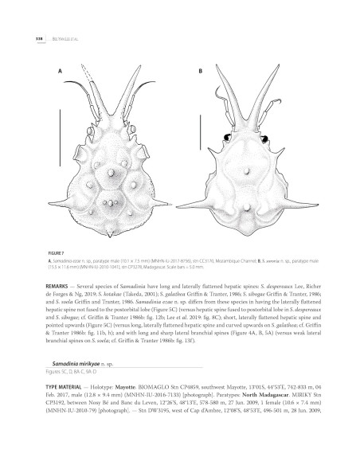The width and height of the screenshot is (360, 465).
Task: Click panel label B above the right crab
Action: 199,71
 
